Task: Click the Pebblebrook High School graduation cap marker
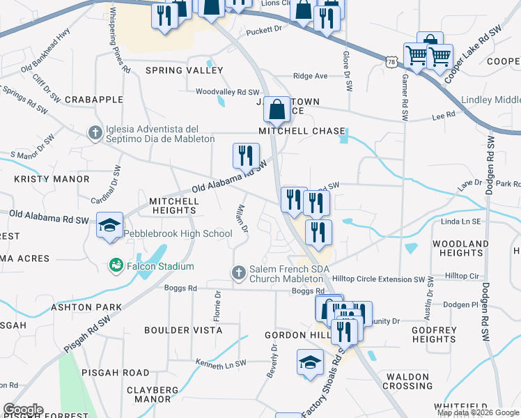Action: (109, 226)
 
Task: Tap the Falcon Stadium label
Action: (160, 267)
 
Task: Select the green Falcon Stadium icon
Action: (115, 266)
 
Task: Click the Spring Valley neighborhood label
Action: (174, 70)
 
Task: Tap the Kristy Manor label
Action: (52, 179)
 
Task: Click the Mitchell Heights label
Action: (173, 206)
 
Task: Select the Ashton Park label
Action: (86, 307)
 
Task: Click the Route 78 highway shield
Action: (393, 62)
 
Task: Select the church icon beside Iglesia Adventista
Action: (96, 132)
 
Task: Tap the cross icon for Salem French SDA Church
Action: (238, 272)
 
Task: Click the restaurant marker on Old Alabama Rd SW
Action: (245, 155)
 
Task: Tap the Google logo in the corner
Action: (23, 410)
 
